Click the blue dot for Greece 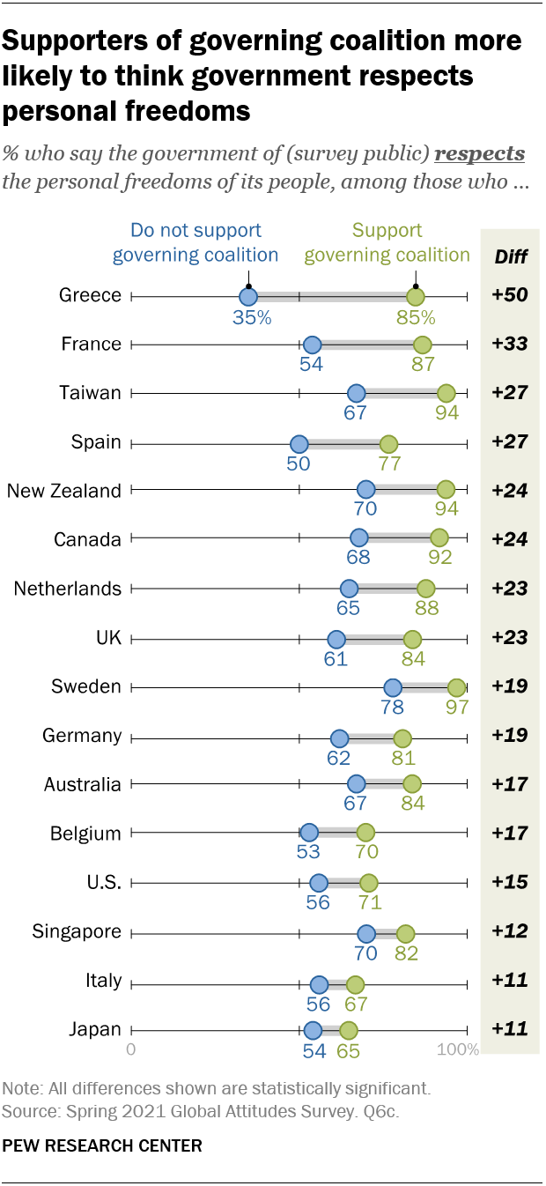[248, 297]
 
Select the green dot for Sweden [456, 687]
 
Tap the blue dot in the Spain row [299, 443]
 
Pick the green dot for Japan [349, 1030]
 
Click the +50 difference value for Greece [510, 295]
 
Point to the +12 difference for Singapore [510, 931]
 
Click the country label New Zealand [64, 491]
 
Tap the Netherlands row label [68, 589]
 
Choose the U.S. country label [104, 882]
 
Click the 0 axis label [131, 1050]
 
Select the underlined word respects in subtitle [480, 154]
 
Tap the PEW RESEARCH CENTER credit [103, 1145]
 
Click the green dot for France [422, 345]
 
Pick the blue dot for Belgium [308, 834]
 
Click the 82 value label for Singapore [405, 953]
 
